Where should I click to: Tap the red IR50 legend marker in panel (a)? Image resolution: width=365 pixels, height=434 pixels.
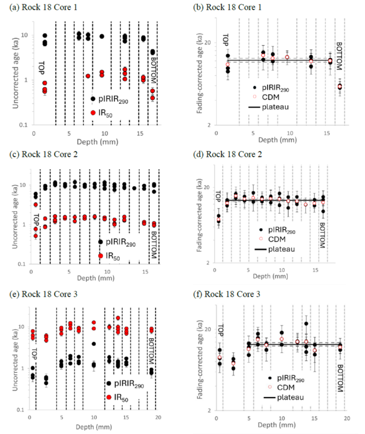click(93, 112)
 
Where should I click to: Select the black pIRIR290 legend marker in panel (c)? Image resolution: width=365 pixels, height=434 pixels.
click(101, 242)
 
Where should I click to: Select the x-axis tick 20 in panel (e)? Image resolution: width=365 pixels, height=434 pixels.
click(158, 417)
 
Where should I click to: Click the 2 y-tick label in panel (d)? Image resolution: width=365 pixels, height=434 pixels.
click(208, 263)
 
